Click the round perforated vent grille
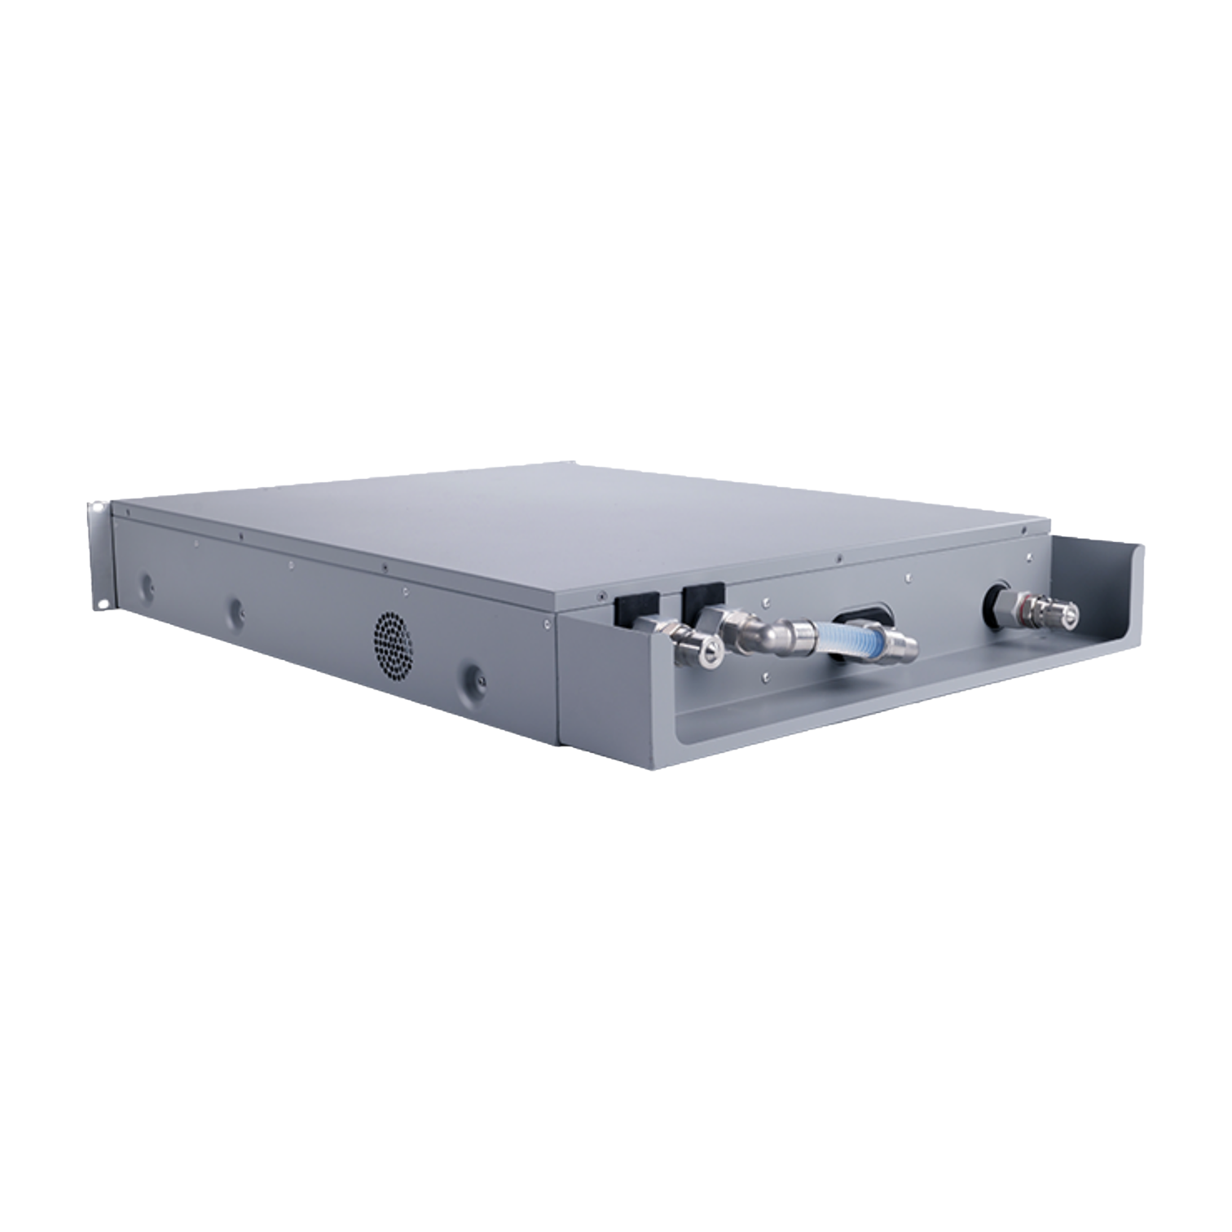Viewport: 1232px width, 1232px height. [393, 644]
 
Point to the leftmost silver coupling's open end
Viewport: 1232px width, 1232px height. [708, 647]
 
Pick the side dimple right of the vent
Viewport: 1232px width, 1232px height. [474, 675]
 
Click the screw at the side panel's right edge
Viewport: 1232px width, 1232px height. [543, 622]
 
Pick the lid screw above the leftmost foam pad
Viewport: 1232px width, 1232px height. [601, 593]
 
